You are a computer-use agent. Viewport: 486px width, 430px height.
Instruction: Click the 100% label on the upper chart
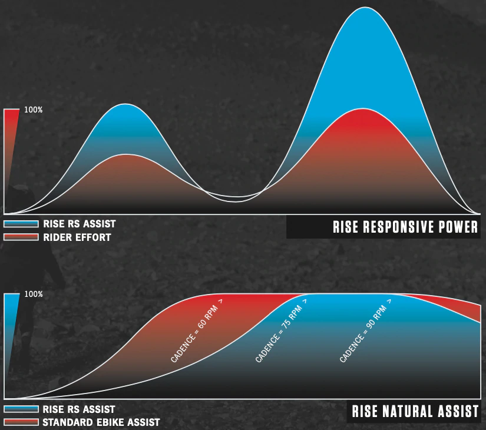click(x=33, y=110)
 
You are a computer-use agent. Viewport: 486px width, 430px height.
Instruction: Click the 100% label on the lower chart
click(x=33, y=294)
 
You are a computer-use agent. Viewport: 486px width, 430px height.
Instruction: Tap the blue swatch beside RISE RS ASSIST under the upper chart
click(x=21, y=224)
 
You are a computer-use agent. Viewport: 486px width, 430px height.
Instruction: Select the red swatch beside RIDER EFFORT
click(x=21, y=237)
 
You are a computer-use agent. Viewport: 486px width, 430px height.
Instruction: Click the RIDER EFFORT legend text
click(x=77, y=237)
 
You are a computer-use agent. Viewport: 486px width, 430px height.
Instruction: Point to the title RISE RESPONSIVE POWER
click(x=405, y=227)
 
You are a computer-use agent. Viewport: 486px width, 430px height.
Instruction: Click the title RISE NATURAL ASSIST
click(x=415, y=411)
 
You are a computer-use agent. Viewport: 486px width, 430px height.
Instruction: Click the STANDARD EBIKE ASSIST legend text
click(x=101, y=422)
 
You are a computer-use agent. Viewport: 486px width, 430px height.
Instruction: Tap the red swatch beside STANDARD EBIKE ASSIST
click(x=21, y=422)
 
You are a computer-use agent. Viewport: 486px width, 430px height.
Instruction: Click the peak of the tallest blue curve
click(x=365, y=7)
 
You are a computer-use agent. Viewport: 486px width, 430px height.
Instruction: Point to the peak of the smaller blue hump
click(x=125, y=104)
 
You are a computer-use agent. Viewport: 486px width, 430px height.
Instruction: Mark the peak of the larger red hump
click(x=362, y=108)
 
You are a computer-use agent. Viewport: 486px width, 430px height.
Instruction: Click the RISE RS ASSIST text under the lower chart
click(x=79, y=409)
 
